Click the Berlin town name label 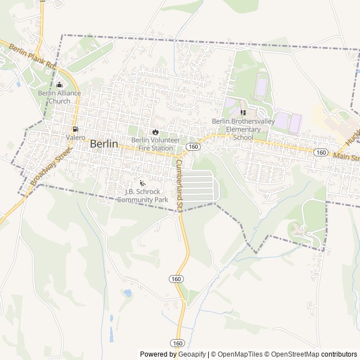point(104,144)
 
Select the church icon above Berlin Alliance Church point(59,85)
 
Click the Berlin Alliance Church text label point(59,97)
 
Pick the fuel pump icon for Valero point(75,129)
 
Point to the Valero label point(75,137)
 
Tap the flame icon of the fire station point(155,132)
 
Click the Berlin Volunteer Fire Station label point(156,144)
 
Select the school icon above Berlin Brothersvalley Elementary point(243,112)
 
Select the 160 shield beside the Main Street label point(321,152)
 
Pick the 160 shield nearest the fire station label point(193,146)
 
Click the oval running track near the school point(261,88)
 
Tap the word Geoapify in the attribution point(191,354)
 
